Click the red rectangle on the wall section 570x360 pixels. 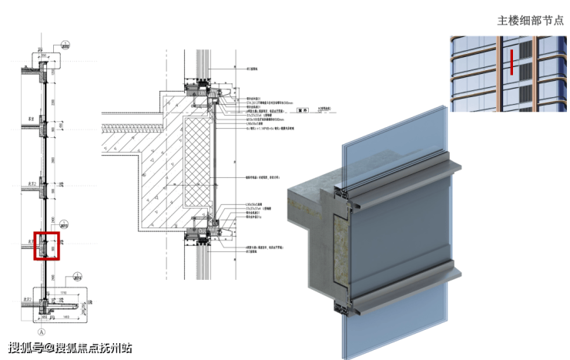coord(46,245)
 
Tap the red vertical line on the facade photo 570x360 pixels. coord(510,62)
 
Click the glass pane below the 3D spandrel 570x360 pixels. coord(393,324)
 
